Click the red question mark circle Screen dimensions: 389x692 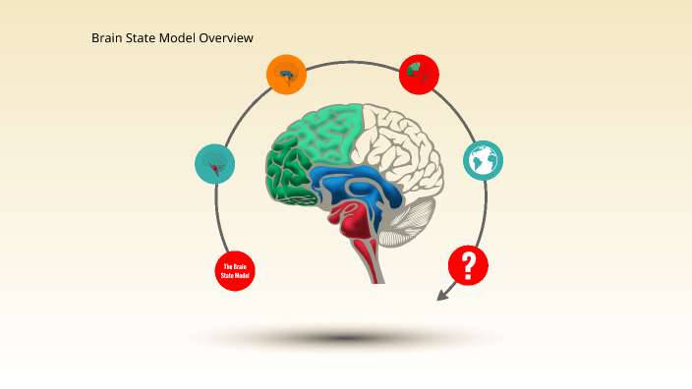pyautogui.click(x=468, y=265)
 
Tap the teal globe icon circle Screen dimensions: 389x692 pyautogui.click(x=483, y=160)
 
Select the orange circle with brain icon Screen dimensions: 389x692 pyautogui.click(x=286, y=74)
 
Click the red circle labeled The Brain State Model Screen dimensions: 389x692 pyautogui.click(x=235, y=270)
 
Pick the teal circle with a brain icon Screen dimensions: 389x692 pyautogui.click(x=215, y=163)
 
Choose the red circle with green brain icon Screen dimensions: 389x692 pyautogui.click(x=419, y=74)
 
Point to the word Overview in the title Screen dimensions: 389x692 pyautogui.click(x=226, y=38)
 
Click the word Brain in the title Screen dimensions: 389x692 pyautogui.click(x=108, y=38)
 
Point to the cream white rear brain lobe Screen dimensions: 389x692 pyautogui.click(x=403, y=142)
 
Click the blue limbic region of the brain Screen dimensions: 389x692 pyautogui.click(x=354, y=187)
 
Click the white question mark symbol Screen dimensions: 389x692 pyautogui.click(x=469, y=264)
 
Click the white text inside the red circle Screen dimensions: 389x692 pyautogui.click(x=235, y=271)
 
